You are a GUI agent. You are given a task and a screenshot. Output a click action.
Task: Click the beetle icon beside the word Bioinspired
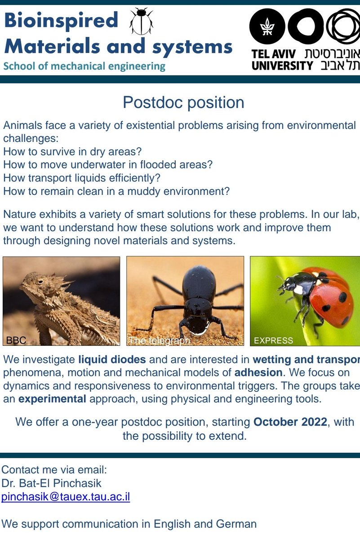(141, 22)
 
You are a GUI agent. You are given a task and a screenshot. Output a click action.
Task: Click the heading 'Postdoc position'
(183, 102)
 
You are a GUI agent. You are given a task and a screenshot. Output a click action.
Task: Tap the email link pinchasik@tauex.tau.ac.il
(66, 497)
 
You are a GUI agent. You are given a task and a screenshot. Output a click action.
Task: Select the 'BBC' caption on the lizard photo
(16, 340)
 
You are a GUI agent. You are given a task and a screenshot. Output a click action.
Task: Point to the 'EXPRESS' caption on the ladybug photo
(273, 340)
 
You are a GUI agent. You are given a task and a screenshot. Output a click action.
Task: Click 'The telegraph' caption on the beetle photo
(160, 341)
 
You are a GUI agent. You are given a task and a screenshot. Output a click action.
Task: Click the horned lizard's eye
(41, 282)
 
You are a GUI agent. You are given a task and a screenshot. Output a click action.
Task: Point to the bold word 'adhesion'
(258, 372)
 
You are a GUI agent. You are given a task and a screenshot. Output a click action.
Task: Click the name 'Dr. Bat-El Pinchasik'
(51, 484)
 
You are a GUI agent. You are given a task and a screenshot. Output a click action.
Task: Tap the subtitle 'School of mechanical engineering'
(84, 66)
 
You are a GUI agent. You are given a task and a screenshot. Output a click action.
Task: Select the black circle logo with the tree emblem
(267, 26)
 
